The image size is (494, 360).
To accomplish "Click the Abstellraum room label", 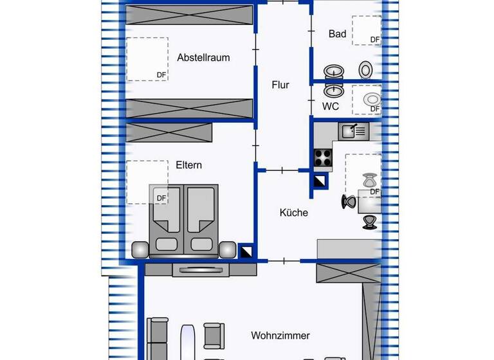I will pyautogui.click(x=203, y=58).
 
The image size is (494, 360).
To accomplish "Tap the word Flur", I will pyautogui.click(x=280, y=85).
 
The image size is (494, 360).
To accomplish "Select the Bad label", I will pyautogui.click(x=337, y=34).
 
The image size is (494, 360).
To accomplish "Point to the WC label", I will pyautogui.click(x=331, y=106).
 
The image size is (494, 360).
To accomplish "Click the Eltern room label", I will pyautogui.click(x=189, y=165).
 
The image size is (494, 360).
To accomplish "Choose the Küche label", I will pyautogui.click(x=293, y=212).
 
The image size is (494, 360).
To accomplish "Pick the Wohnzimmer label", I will pyautogui.click(x=280, y=336).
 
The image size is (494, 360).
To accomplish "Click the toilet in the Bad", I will pyautogui.click(x=366, y=69).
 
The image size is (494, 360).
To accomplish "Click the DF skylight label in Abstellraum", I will pyautogui.click(x=161, y=75).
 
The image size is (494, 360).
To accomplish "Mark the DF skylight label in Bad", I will pyautogui.click(x=374, y=40).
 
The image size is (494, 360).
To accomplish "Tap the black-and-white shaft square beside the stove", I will pyautogui.click(x=320, y=181).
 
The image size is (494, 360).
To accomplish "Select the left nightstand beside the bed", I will pyautogui.click(x=140, y=249).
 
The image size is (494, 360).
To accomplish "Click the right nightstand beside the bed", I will pyautogui.click(x=227, y=249).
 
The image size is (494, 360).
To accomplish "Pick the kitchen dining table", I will pyautogui.click(x=369, y=201).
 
